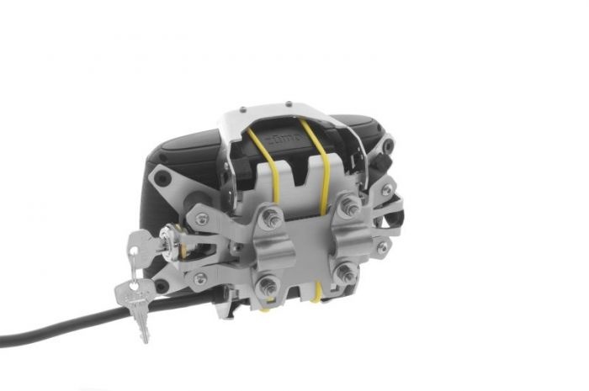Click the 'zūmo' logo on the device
tap(281, 133)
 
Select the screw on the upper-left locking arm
tap(203, 219)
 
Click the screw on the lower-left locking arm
tap(200, 277)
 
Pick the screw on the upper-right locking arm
tap(386, 191)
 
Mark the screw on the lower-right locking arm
tap(383, 247)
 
